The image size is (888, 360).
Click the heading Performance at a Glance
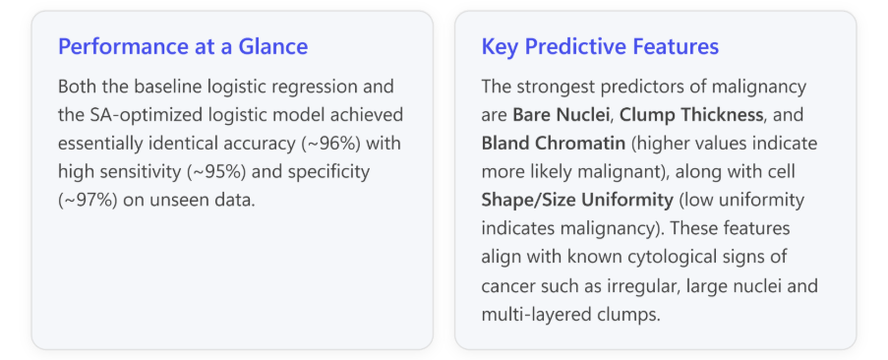pyautogui.click(x=183, y=46)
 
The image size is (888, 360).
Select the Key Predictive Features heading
pyautogui.click(x=600, y=46)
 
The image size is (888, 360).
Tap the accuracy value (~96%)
pyautogui.click(x=331, y=144)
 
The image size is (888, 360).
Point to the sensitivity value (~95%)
pyautogui.click(x=216, y=171)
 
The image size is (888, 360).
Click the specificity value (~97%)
pyautogui.click(x=88, y=200)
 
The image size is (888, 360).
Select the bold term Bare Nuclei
pyautogui.click(x=562, y=115)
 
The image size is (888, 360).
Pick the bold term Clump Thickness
pyautogui.click(x=691, y=115)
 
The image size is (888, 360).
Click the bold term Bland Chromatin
pyautogui.click(x=554, y=144)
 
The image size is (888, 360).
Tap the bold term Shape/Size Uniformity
pyautogui.click(x=577, y=200)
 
